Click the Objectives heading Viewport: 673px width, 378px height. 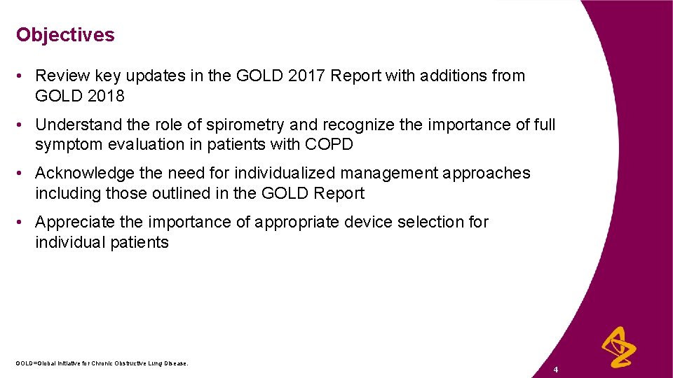[x=65, y=34]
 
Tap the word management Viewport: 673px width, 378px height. [x=391, y=173]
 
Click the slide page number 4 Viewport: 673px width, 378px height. [x=555, y=369]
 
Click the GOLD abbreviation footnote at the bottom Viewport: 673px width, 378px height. [x=102, y=363]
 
